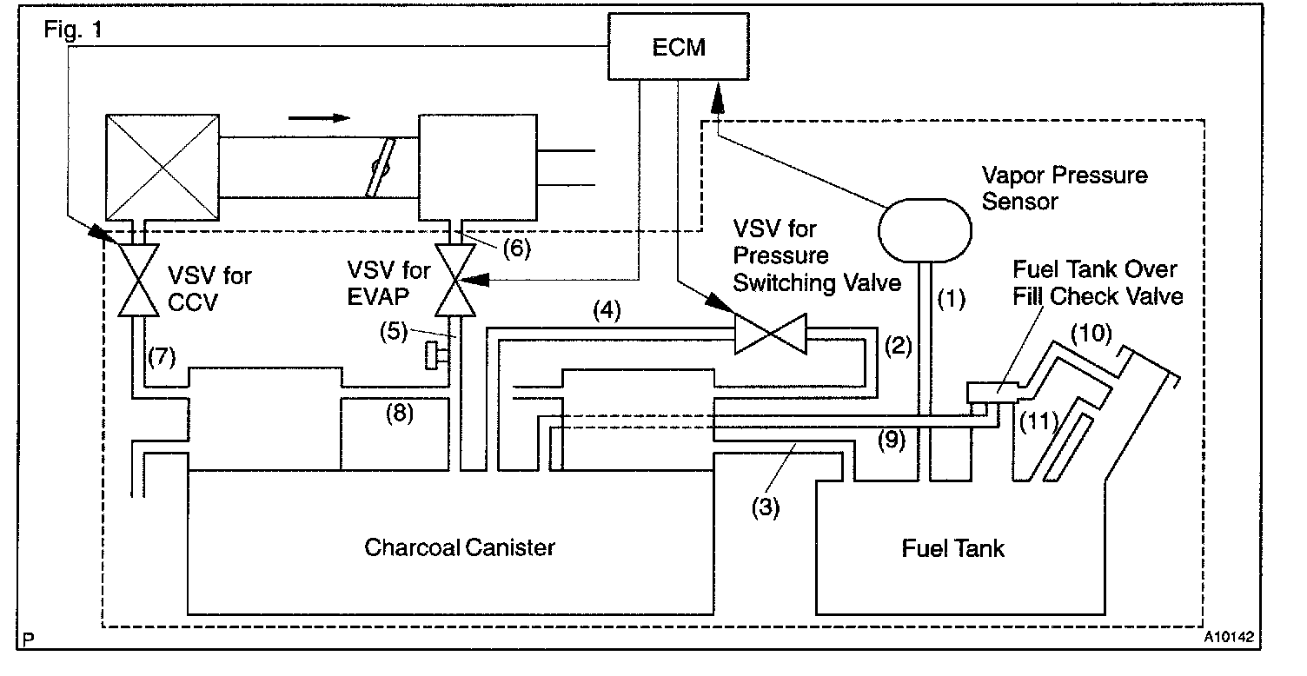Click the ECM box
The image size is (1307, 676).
click(678, 47)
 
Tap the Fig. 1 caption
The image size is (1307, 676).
click(73, 30)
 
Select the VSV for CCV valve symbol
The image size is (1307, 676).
click(138, 280)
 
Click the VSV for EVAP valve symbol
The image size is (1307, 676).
click(455, 280)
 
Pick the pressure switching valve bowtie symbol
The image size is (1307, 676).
click(770, 334)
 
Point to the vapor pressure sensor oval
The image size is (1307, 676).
click(925, 230)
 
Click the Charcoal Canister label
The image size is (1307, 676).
click(460, 547)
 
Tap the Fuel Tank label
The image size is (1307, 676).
click(952, 548)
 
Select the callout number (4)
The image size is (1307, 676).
click(607, 310)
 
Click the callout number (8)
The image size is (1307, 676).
click(400, 413)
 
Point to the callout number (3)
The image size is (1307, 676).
click(766, 507)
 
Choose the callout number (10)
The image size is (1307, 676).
click(1091, 333)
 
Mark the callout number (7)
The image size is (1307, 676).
click(162, 356)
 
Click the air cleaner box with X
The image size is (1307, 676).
click(163, 168)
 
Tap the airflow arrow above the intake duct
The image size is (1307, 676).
click(319, 118)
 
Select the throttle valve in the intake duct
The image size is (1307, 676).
click(381, 168)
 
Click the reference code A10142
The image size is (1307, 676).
click(1229, 636)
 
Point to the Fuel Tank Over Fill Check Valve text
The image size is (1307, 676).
click(1098, 283)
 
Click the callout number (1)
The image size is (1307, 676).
click(951, 299)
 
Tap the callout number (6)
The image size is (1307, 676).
click(517, 249)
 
